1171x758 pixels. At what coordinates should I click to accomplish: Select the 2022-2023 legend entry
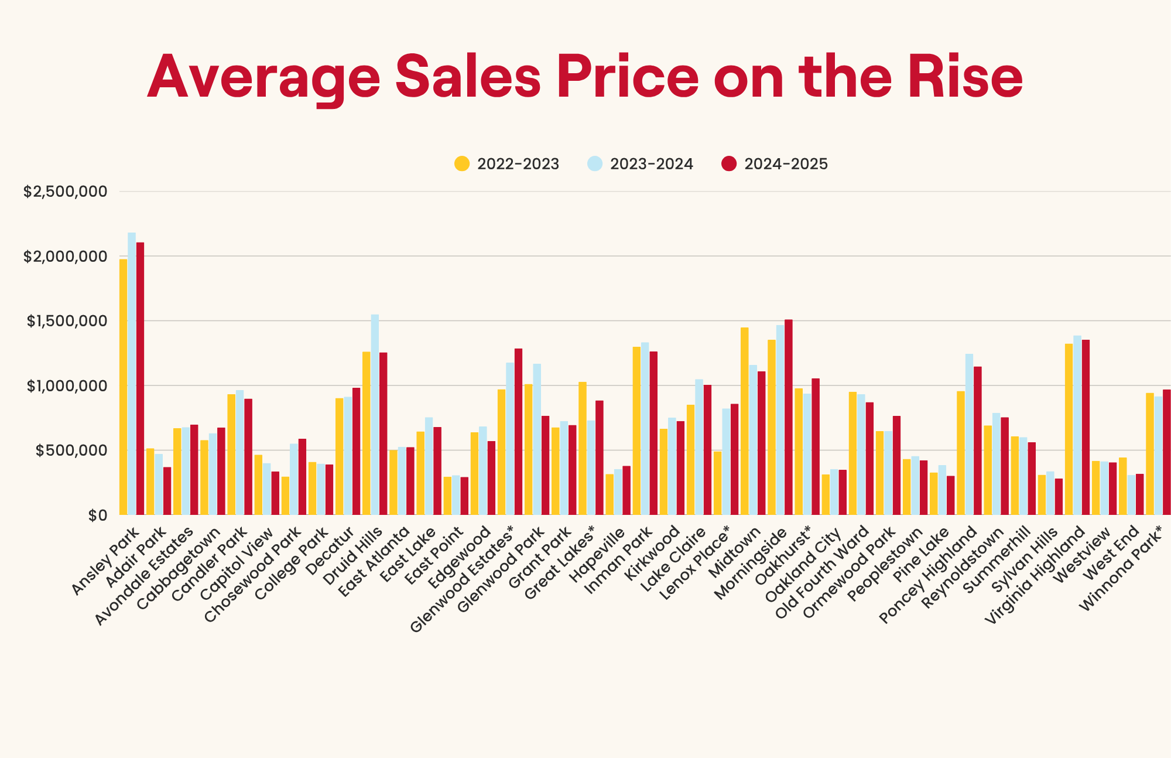[x=507, y=164]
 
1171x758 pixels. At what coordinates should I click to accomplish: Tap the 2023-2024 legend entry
[x=640, y=164]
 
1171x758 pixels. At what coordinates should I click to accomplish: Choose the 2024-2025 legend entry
[x=775, y=164]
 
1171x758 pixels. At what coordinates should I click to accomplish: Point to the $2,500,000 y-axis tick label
[x=66, y=192]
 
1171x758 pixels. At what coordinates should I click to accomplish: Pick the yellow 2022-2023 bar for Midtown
[x=744, y=421]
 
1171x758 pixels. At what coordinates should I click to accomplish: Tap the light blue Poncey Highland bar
[x=969, y=434]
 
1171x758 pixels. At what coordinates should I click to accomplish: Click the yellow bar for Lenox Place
[x=717, y=483]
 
